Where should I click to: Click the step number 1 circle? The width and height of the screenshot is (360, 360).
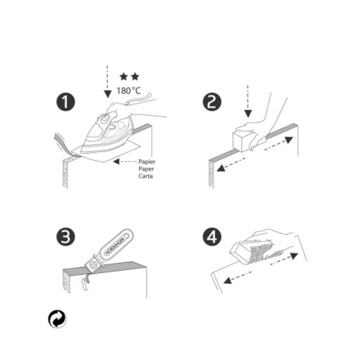(65, 102)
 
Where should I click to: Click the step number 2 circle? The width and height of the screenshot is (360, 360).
(212, 102)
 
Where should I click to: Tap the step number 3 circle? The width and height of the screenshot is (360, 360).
(65, 237)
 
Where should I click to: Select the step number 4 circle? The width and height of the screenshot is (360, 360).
(212, 237)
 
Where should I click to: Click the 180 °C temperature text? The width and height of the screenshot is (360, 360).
(129, 91)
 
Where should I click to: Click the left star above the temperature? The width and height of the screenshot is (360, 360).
(123, 76)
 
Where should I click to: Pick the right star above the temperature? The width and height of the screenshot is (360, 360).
(135, 76)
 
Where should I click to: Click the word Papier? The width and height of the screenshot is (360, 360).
(147, 162)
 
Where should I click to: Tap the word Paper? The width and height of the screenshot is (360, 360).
(146, 169)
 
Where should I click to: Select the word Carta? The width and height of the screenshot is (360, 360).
(146, 176)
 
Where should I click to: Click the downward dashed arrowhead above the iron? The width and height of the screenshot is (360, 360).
(108, 94)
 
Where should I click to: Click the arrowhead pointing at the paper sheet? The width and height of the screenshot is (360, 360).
(116, 161)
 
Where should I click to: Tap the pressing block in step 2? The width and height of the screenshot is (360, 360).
(244, 140)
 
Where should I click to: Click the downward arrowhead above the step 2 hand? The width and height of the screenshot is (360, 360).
(248, 114)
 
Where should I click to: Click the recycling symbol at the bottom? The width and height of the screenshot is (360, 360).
(57, 319)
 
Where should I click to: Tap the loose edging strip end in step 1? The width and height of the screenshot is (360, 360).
(62, 144)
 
